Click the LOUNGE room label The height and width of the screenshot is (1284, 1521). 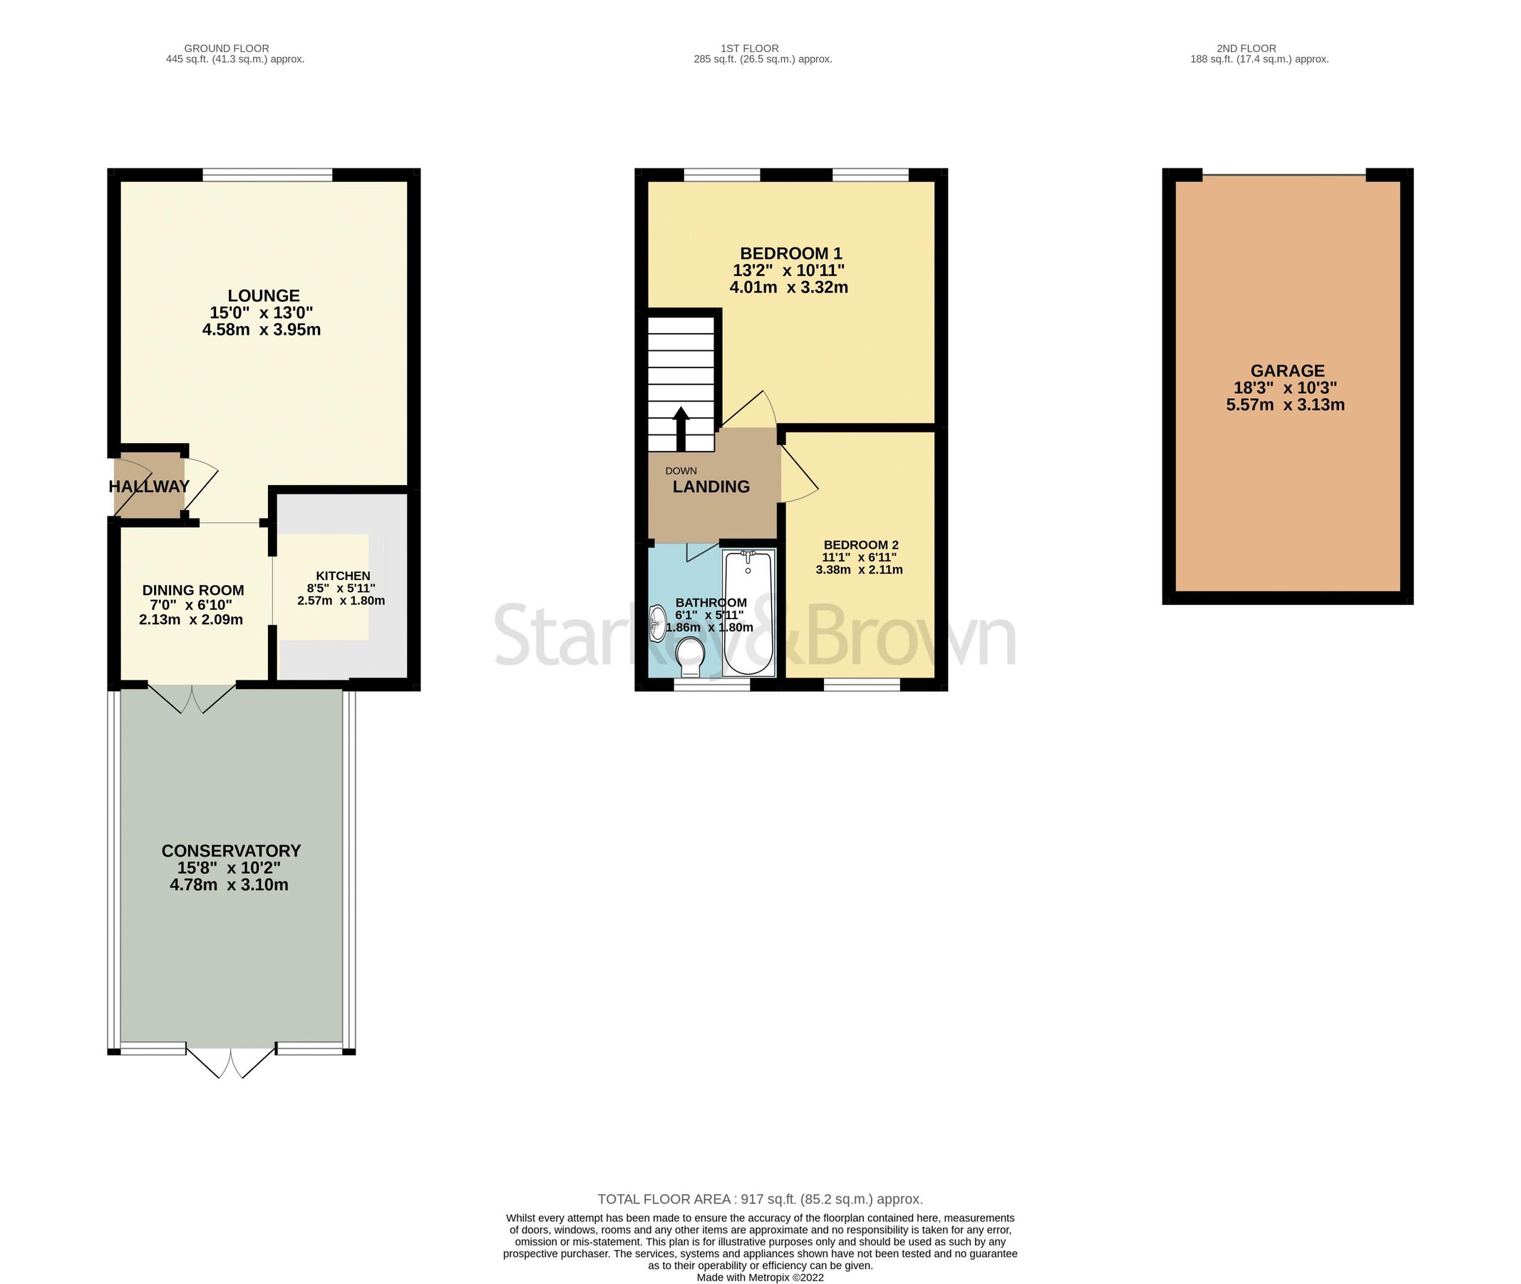click(263, 295)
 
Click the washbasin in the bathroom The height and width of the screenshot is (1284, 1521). click(657, 623)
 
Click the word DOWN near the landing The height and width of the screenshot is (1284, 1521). click(681, 471)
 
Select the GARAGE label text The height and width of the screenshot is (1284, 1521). click(1287, 370)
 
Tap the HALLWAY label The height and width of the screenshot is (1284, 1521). click(149, 486)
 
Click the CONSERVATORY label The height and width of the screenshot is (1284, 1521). click(231, 850)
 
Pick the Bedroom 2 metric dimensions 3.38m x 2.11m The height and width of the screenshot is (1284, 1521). click(859, 570)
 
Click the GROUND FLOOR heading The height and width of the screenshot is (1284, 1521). click(226, 49)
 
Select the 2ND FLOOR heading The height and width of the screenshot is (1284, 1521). click(1246, 49)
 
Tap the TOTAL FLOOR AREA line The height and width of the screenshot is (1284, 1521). click(760, 1199)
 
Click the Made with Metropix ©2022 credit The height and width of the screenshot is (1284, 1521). click(760, 1278)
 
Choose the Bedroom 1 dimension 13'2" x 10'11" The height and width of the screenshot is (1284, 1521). click(788, 270)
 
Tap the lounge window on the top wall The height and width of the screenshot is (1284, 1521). click(267, 175)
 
